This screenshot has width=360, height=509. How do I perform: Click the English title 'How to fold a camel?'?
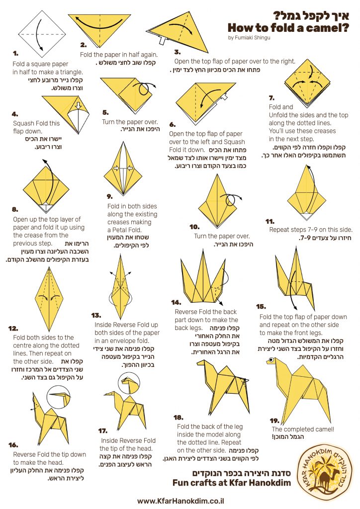(x=288, y=28)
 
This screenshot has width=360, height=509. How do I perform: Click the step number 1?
(x=15, y=53)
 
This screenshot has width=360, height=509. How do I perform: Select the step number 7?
(x=271, y=98)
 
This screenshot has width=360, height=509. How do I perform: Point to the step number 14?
(x=176, y=303)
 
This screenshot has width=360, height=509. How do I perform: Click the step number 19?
(x=274, y=421)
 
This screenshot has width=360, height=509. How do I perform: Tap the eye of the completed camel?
(x=270, y=360)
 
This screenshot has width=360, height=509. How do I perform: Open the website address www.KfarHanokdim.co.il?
(x=180, y=501)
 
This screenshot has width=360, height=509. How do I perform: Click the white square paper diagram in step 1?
(x=42, y=34)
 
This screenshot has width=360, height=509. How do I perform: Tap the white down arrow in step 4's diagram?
(x=78, y=106)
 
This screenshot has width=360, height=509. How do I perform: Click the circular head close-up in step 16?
(x=59, y=397)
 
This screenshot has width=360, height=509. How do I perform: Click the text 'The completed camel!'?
(x=303, y=429)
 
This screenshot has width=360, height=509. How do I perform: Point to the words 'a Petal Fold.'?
(x=124, y=230)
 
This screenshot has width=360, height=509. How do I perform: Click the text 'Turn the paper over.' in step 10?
(x=222, y=236)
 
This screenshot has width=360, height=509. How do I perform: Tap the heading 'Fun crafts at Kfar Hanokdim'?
(x=232, y=483)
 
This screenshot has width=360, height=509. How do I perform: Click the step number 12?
(x=13, y=329)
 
